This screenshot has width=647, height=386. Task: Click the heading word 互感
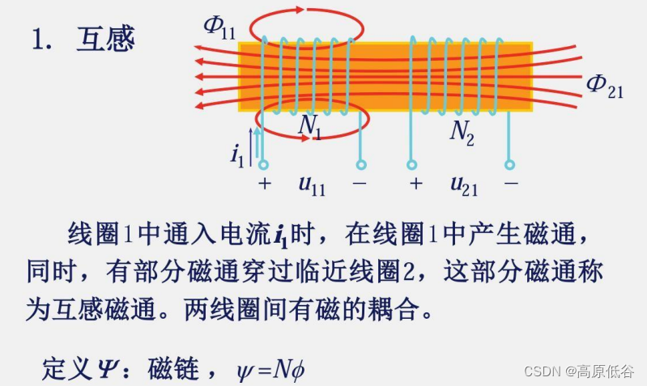coord(105,39)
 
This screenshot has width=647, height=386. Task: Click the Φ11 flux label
coord(219,27)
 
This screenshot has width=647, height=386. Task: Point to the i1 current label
coord(237,153)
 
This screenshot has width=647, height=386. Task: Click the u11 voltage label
coord(312,185)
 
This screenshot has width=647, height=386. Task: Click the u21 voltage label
coord(464,185)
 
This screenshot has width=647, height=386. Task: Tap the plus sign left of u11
coord(264,184)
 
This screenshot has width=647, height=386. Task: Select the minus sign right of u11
coord(360,184)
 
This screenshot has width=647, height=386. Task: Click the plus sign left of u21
coord(415,184)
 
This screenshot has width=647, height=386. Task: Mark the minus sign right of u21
coord(510,184)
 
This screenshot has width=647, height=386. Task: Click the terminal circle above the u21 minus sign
coord(509,165)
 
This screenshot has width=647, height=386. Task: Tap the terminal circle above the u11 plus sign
coord(263,165)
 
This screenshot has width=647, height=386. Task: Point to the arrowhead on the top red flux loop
coord(300,10)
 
